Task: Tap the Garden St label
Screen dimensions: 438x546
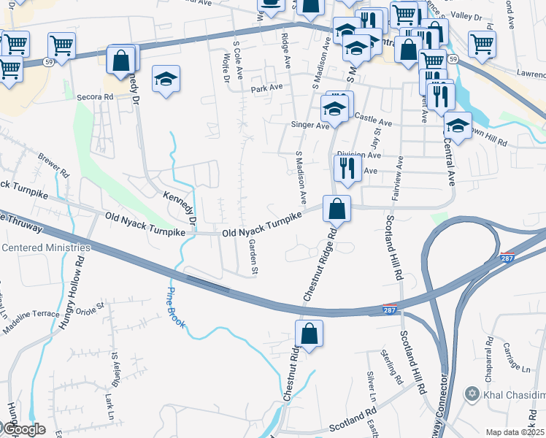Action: tap(253, 257)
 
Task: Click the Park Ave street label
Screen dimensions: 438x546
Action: tap(266, 88)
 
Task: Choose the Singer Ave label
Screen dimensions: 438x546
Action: tap(310, 126)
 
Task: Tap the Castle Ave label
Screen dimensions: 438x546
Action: tap(369, 117)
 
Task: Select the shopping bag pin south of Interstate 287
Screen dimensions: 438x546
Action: tap(309, 334)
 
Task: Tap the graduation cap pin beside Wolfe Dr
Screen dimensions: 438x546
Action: tap(166, 79)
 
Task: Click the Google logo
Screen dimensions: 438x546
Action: tap(24, 429)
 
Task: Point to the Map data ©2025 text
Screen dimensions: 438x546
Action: tap(515, 432)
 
